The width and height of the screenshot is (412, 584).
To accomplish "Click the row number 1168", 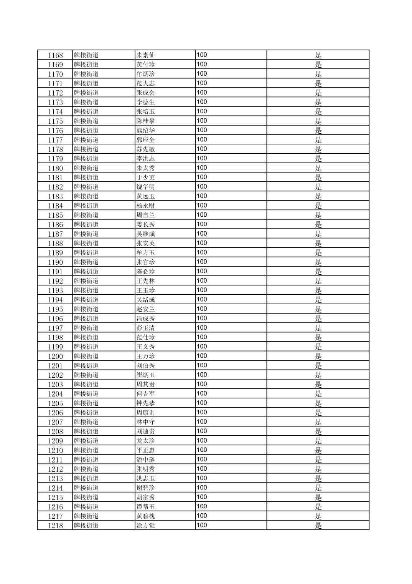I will click(x=55, y=55).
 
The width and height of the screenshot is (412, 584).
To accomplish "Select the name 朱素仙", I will click(x=145, y=55).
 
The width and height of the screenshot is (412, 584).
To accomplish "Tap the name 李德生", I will click(x=145, y=102).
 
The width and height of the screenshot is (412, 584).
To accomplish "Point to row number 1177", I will click(x=55, y=140).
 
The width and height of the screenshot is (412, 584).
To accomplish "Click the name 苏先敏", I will click(x=145, y=149).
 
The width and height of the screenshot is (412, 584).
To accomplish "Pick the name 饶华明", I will click(x=145, y=187).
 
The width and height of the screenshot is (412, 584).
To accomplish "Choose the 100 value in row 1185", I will click(x=202, y=215).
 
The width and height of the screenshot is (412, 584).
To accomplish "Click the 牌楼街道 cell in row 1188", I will click(x=86, y=243).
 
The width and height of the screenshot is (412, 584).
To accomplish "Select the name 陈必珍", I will click(x=145, y=272).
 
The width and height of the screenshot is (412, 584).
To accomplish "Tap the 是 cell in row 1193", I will click(x=318, y=290).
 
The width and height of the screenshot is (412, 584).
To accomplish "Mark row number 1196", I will click(x=55, y=319).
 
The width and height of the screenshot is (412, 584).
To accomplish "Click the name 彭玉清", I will click(x=145, y=328).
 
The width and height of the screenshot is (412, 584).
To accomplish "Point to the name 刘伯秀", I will click(x=145, y=366).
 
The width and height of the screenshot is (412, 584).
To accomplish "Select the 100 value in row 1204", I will click(x=202, y=393).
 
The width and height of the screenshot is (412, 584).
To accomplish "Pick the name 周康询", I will click(x=145, y=413).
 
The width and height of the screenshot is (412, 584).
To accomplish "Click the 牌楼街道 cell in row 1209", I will click(x=86, y=441).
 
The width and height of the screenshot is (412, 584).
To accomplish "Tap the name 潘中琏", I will click(x=145, y=460).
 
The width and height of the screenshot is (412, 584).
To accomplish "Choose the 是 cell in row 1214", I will click(x=318, y=488).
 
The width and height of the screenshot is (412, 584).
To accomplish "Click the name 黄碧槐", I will click(x=145, y=516).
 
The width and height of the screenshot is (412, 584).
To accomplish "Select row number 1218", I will click(x=55, y=526).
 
